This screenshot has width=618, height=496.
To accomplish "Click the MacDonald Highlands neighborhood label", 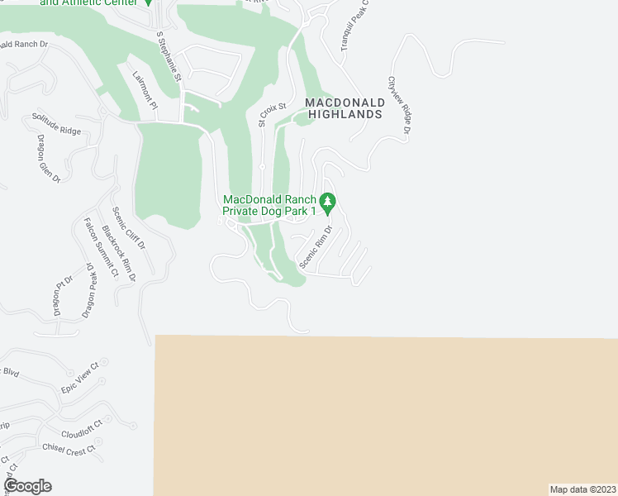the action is pyautogui.click(x=344, y=108).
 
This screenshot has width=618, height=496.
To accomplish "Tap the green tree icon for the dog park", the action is pyautogui.click(x=328, y=201).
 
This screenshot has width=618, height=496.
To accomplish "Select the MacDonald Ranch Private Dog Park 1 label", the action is pyautogui.click(x=269, y=205).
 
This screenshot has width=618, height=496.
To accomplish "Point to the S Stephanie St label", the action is pyautogui.click(x=168, y=56).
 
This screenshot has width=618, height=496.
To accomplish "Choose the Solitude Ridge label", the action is pyautogui.click(x=56, y=124).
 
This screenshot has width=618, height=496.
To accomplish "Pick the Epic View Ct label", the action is pyautogui.click(x=79, y=376).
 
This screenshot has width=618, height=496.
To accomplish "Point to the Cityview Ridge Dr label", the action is pyautogui.click(x=398, y=105).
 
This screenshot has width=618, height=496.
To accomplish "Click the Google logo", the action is pyautogui.click(x=28, y=485).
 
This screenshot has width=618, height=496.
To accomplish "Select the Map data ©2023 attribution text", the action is pyautogui.click(x=582, y=489).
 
